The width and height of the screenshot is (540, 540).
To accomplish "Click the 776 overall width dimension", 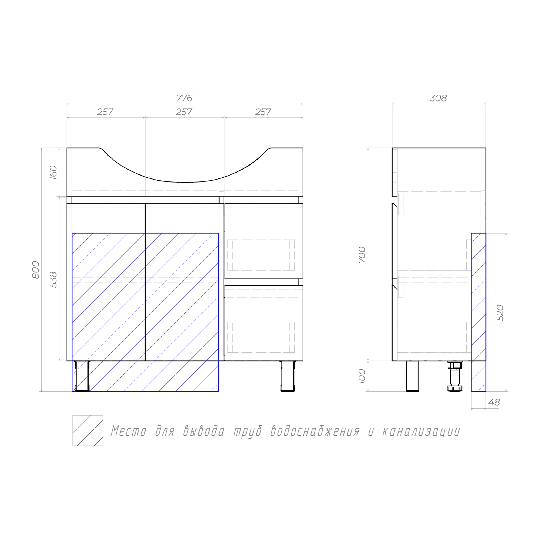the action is point(184,98).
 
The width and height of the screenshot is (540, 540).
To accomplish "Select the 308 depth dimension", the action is point(438,98).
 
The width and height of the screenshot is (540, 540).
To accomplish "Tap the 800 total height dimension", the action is point(36,270).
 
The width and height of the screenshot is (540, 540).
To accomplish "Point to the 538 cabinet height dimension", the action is point(53,280).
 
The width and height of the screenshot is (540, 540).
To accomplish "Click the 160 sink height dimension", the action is point(53,173).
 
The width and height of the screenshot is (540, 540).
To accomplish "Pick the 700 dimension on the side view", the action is point(362,255).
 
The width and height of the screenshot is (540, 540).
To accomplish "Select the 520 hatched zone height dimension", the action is point(500,313).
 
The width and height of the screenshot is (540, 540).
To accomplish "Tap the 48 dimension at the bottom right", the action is point(494,403).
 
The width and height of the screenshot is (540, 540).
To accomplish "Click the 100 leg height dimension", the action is point(362,376).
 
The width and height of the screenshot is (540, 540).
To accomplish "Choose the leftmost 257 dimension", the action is point(105,112).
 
